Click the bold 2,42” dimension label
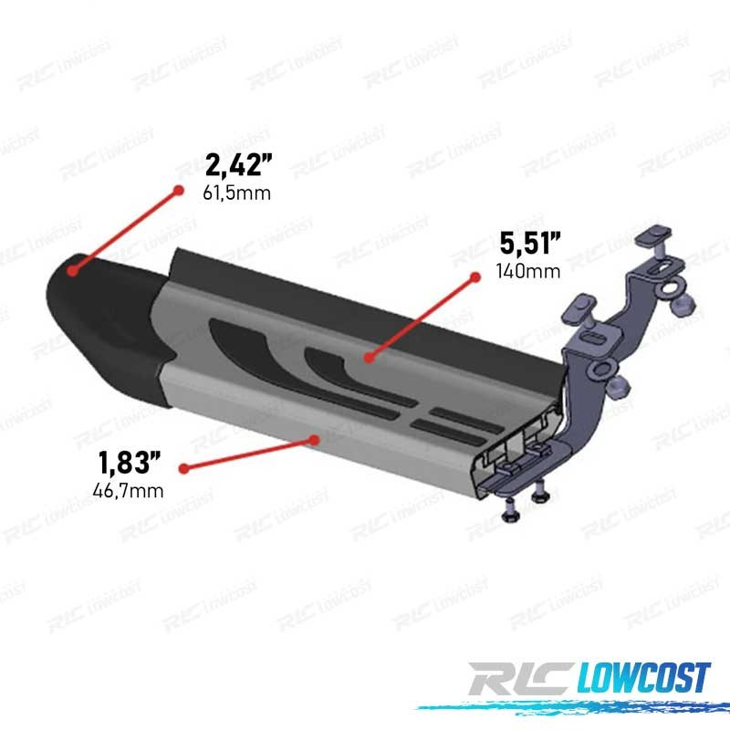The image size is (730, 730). click(x=238, y=165)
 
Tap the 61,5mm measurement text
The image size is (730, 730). click(x=236, y=193)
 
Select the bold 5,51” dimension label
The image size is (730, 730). click(x=530, y=243)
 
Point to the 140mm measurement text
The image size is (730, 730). click(x=528, y=271)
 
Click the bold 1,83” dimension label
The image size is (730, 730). click(x=129, y=463)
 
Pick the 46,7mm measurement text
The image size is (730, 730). click(x=128, y=491)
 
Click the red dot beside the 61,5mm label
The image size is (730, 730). click(x=178, y=190)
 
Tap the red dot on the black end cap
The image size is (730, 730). click(x=72, y=270)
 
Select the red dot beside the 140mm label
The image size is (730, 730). click(x=475, y=277)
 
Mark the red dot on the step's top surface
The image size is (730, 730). click(x=369, y=358)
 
